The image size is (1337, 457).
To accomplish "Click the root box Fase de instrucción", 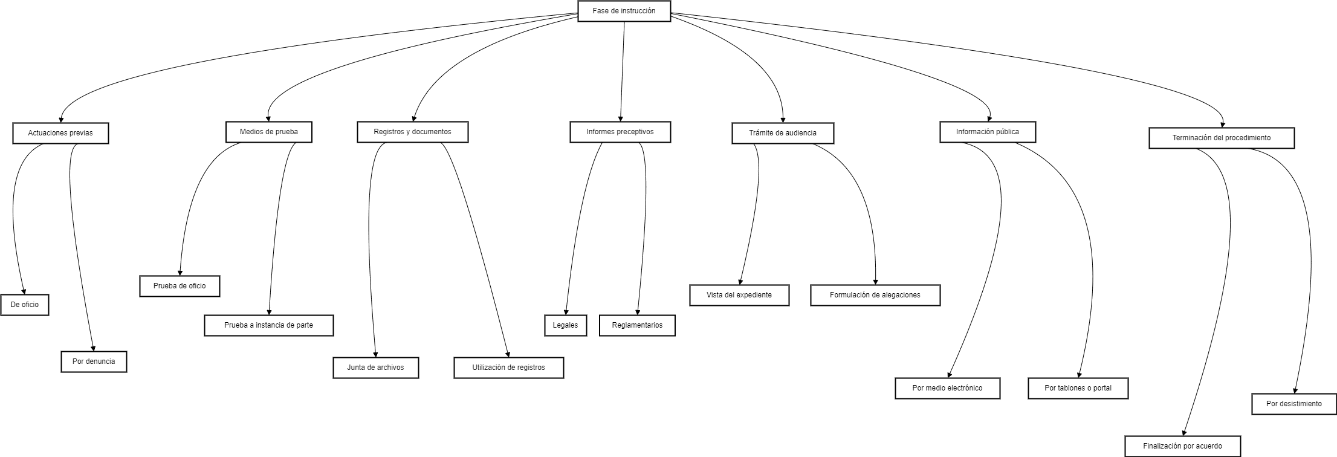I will pos(624,11).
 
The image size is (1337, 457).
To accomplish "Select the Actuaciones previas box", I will pos(60,133).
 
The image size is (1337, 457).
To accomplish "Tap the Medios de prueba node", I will pos(268,132).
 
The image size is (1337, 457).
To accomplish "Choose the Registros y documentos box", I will pos(412,132).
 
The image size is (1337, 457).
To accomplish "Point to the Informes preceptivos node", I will pos(620,132).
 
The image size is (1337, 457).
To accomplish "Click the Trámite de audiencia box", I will pos(782,133).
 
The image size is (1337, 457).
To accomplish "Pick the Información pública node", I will pos(987,132).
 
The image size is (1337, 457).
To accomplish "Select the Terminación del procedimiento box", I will pos(1221,138).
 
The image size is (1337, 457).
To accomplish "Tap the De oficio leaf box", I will pos(25,305).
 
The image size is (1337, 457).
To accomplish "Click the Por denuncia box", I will pos(94,361).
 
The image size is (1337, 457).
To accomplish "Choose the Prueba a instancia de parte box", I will pos(268,325).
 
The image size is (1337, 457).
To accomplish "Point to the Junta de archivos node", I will pos(375,368).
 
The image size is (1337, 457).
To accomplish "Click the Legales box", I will pos(565,325).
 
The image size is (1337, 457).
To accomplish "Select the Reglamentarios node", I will pos(637,325).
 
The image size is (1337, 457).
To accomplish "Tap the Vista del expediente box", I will pos(739,295).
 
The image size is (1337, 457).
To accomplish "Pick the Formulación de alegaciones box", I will pos(875,295).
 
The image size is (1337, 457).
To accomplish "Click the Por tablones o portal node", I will pos(1078,388).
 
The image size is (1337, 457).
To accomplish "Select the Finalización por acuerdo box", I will pos(1182,446).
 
